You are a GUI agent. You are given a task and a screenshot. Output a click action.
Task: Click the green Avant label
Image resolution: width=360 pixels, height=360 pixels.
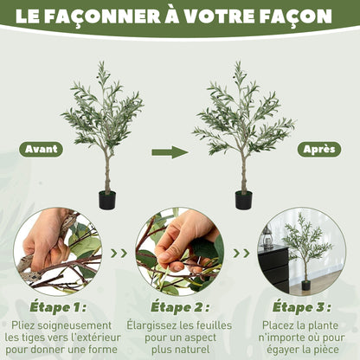click(41, 149)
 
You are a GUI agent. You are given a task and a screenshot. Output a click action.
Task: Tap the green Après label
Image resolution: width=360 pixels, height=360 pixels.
click(319, 149)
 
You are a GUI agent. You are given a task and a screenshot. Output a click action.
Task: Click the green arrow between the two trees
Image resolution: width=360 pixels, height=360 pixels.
click(170, 152)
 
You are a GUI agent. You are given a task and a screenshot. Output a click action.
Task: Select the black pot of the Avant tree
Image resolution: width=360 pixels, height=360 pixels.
click(107, 200)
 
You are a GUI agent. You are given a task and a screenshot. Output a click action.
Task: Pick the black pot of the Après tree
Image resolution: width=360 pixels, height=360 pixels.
click(244, 200)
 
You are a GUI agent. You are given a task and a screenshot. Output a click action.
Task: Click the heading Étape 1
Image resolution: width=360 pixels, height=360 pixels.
click(58, 307)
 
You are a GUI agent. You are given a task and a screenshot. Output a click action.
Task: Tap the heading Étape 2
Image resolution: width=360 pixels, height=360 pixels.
click(180, 307)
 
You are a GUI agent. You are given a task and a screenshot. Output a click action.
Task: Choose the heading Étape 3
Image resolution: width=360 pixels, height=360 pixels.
click(302, 307)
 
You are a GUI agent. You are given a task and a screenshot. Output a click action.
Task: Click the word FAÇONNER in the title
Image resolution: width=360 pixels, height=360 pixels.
click(103, 16)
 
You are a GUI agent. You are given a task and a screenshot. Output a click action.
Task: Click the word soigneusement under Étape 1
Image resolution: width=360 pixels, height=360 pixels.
click(74, 325)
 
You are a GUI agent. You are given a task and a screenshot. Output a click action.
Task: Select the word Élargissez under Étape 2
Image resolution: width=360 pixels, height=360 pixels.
click(151, 325)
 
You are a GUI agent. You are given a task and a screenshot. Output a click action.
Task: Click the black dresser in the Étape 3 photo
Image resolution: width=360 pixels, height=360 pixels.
click(274, 267)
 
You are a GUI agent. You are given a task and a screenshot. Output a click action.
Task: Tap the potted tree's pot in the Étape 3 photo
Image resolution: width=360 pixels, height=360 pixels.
click(306, 285)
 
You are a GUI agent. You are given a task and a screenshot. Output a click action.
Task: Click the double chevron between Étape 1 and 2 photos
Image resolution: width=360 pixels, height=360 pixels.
click(119, 254)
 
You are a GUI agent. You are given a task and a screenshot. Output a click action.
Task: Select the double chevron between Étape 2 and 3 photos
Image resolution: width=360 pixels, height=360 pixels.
click(241, 254)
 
